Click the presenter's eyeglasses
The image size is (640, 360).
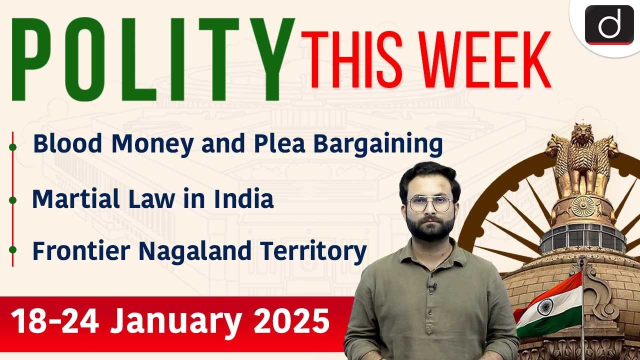429,203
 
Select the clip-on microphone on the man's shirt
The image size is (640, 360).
432,286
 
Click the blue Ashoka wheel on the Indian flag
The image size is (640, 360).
544,306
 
